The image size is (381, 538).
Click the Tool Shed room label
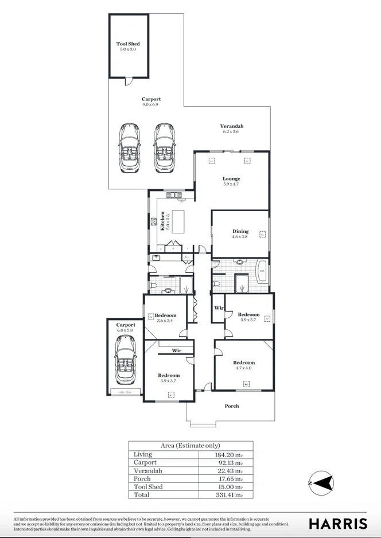[127, 44]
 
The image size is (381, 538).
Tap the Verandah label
[232, 126]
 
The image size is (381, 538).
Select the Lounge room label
[231, 179]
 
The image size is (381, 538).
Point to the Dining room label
[240, 231]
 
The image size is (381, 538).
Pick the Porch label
[231, 406]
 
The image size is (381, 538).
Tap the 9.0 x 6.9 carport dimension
[150, 105]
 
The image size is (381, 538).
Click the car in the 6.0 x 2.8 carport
[126, 360]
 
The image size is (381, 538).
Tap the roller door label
[125, 392]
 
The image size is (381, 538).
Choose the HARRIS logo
[338, 523]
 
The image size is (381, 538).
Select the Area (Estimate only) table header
[190, 446]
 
